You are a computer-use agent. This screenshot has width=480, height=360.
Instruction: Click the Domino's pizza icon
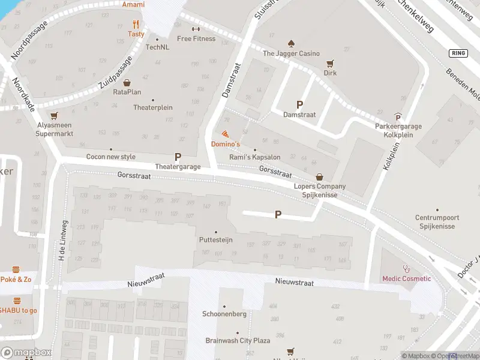pos(225,134)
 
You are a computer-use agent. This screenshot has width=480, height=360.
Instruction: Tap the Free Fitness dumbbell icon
pos(196,29)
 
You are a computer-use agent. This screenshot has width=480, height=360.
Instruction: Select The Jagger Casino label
pos(291,53)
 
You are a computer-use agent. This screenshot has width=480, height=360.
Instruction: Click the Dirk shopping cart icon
pos(330,63)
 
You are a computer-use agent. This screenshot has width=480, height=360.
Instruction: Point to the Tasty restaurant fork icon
pos(136,25)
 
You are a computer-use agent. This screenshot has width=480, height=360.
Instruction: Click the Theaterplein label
pos(152,108)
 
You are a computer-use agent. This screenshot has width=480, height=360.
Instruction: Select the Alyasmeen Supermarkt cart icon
pos(55,115)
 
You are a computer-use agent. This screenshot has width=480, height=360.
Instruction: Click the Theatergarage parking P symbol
pos(178,157)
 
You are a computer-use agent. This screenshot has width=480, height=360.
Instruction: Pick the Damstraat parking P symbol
pos(299,104)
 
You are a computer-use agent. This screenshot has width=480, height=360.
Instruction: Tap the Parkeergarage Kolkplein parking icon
pos(397,117)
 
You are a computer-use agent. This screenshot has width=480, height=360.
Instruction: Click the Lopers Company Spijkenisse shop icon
pos(320,177)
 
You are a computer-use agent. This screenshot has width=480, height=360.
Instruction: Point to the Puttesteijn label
pos(215,240)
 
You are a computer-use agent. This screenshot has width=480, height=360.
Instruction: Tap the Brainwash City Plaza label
pos(238,340)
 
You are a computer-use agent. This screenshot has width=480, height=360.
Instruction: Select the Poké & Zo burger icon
pos(16,269)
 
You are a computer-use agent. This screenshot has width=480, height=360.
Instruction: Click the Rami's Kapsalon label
pos(255,157)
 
